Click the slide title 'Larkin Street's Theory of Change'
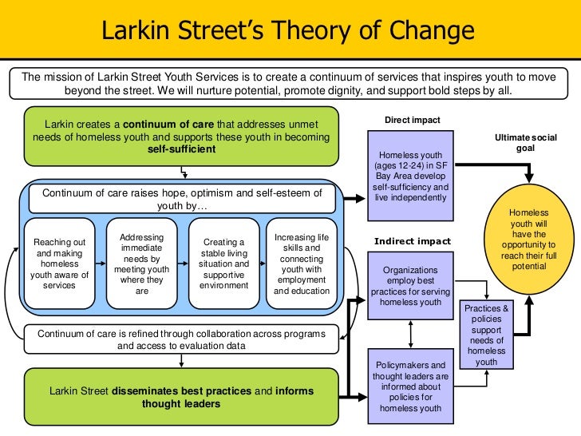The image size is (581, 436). (288, 32)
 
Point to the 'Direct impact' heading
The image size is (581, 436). (412, 120)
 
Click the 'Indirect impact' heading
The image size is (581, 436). (412, 241)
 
